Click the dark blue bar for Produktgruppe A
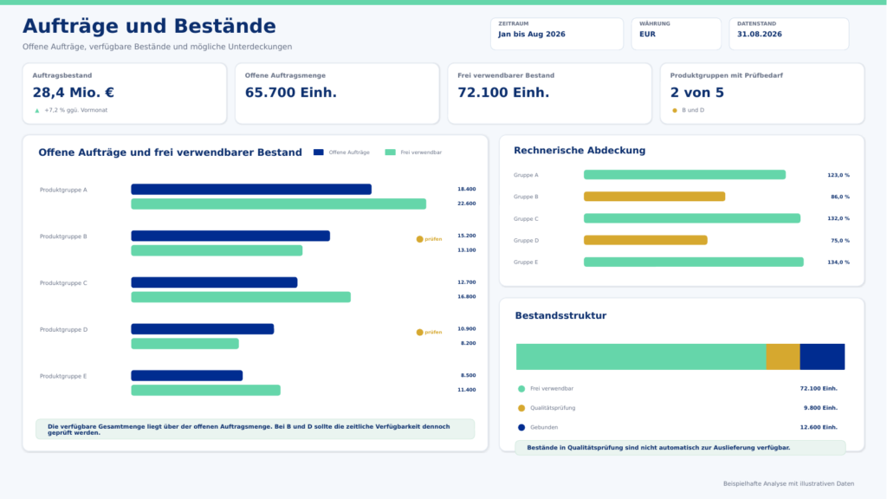[251, 190]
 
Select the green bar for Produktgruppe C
[241, 297]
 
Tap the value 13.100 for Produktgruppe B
[467, 250]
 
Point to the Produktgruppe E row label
[63, 376]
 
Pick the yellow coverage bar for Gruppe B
[655, 197]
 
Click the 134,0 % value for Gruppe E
[838, 262]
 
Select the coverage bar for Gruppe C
[692, 218]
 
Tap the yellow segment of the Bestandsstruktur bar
[783, 357]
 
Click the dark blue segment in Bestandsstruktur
[823, 357]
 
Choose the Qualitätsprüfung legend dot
[521, 408]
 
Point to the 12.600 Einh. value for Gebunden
[819, 427]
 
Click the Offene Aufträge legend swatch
[319, 152]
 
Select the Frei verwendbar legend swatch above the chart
[391, 152]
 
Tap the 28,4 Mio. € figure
[74, 92]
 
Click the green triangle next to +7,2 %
[37, 110]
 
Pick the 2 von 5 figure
[697, 92]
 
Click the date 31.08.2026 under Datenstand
[759, 34]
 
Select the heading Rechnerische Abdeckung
[579, 151]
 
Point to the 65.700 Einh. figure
[291, 92]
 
